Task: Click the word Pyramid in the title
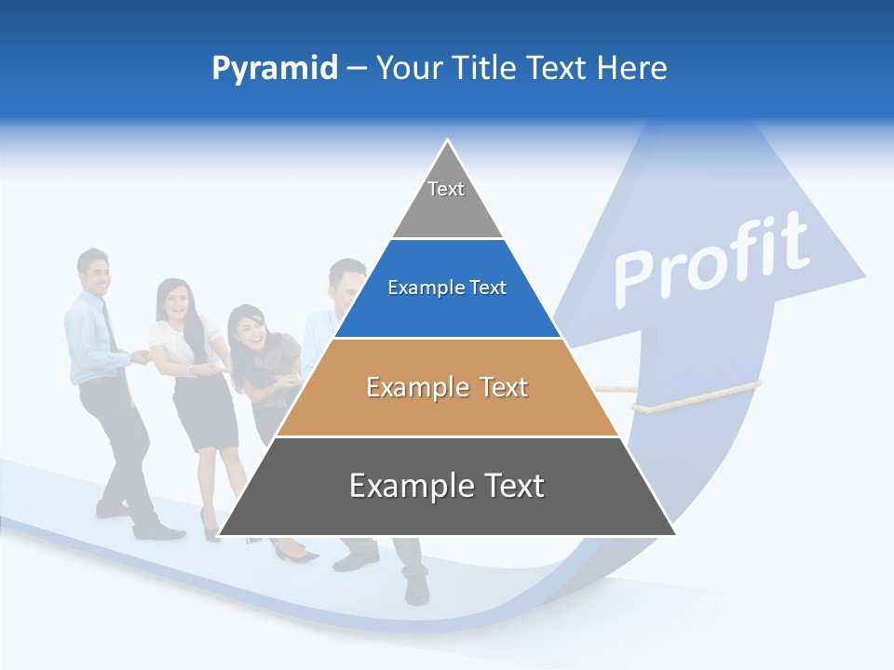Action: pos(274,69)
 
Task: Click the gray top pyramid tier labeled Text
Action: pos(447,200)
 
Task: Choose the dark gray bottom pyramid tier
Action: pos(447,489)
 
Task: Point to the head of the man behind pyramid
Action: pos(346,279)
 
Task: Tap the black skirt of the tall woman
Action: pos(205,409)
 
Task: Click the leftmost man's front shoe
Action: pos(158,532)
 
